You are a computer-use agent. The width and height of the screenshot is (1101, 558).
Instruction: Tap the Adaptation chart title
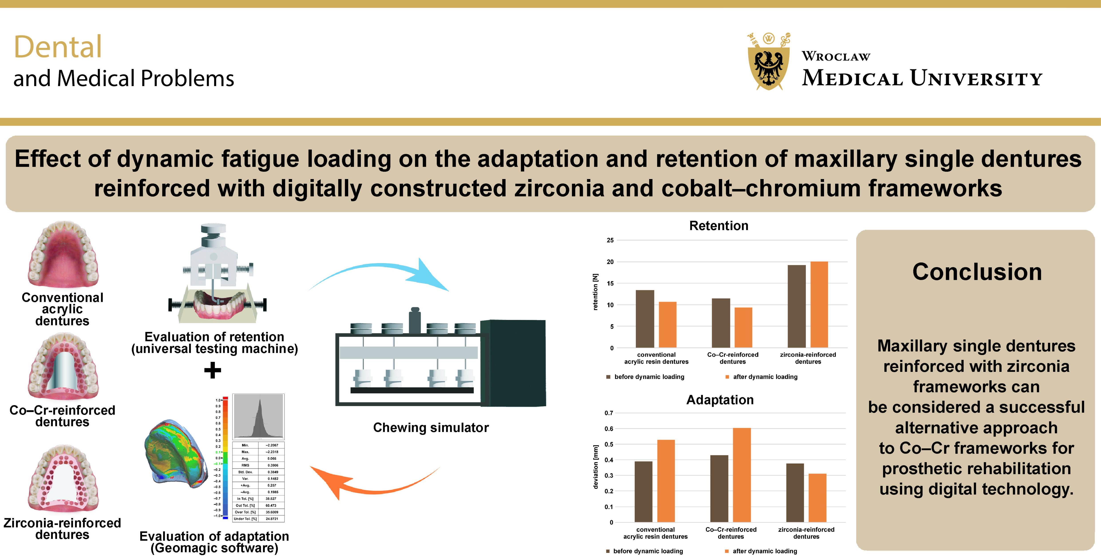(x=720, y=400)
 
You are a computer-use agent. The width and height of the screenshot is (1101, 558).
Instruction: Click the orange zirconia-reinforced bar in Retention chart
(x=819, y=304)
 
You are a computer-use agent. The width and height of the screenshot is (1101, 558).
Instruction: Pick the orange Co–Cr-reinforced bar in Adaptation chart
(x=741, y=474)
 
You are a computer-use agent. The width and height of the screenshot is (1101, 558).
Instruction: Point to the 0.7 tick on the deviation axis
(x=609, y=413)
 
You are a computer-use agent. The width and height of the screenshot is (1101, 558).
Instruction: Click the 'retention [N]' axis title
(x=595, y=292)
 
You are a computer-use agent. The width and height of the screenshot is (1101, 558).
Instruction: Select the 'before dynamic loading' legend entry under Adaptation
(x=648, y=551)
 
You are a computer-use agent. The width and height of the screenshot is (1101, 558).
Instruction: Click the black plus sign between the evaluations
(x=212, y=371)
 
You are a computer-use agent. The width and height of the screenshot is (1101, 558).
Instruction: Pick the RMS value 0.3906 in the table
(x=272, y=465)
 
